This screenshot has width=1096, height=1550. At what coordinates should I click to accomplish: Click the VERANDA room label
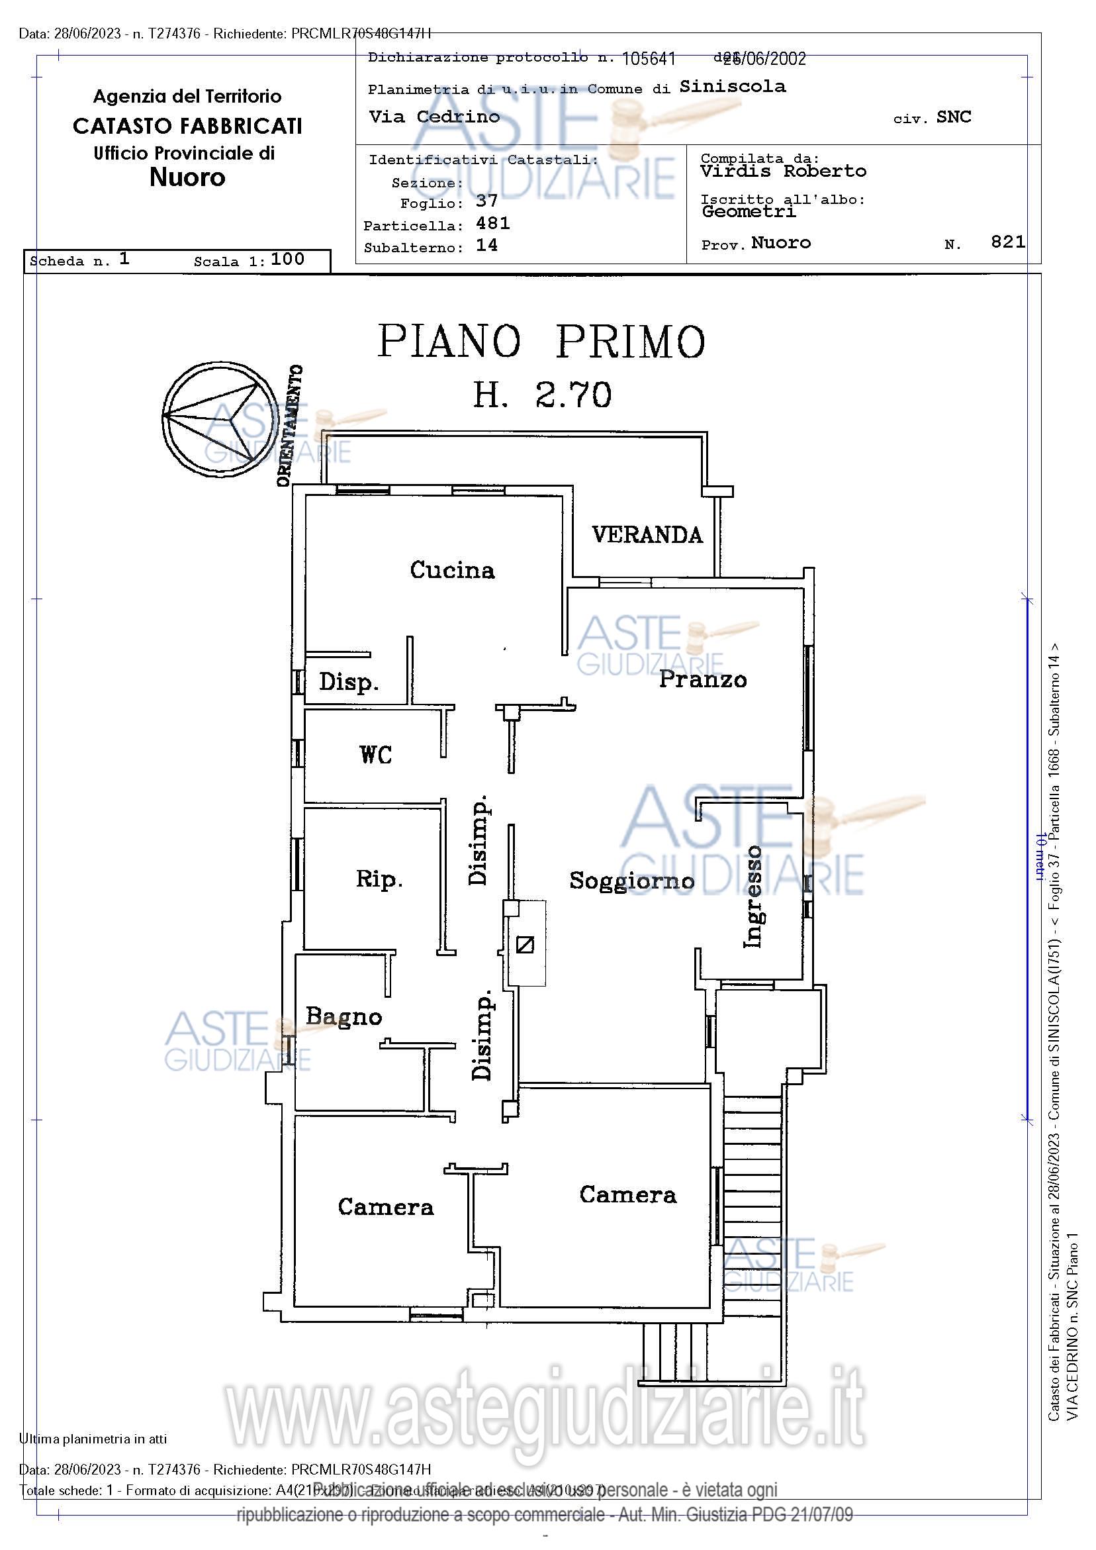coord(647,536)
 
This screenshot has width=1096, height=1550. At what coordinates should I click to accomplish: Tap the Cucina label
coord(452,571)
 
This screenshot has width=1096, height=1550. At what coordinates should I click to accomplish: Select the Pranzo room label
coord(703,679)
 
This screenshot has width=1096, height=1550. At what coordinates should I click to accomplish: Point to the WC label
coord(376,755)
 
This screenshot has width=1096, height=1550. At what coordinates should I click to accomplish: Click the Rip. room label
coord(379,879)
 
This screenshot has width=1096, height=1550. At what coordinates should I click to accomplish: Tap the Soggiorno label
coord(631,881)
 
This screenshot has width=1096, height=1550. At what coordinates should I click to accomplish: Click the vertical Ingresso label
coord(753,896)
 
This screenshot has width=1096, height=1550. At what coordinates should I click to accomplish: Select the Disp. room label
coord(348,683)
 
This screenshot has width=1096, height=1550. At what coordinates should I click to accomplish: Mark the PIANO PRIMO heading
coord(541,342)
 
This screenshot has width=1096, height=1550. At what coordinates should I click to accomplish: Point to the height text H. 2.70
coord(542,395)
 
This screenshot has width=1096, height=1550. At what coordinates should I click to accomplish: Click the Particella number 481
coord(492,223)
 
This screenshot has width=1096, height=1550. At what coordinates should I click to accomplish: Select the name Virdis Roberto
coord(783,171)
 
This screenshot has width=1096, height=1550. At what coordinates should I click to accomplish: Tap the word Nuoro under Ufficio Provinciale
coord(187,177)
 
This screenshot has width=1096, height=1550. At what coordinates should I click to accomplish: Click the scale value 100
coord(287,260)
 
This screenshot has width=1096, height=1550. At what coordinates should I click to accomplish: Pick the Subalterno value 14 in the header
coord(486,246)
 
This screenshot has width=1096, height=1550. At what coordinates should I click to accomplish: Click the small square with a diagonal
coord(524,944)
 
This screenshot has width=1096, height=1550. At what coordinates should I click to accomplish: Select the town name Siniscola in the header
coord(732,87)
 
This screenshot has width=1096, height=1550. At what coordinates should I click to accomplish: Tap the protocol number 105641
coord(649,59)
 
